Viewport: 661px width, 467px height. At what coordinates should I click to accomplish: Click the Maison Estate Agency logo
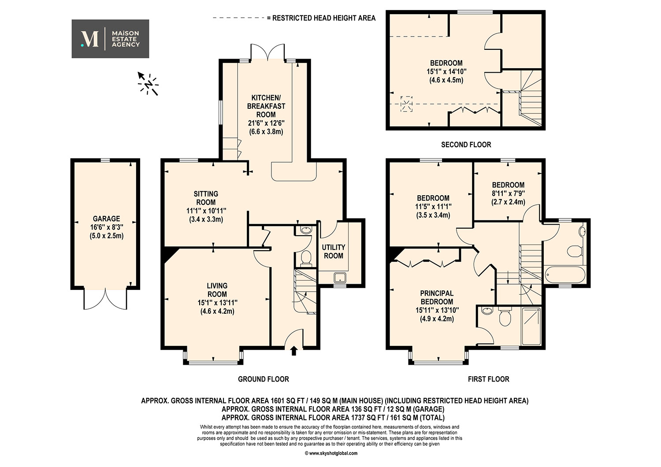pos(110,39)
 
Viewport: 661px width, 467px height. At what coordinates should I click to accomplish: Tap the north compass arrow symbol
pos(148,84)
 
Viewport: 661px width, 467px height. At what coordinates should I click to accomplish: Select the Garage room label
pos(107,219)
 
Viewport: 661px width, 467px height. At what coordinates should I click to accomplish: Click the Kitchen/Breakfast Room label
pos(266,106)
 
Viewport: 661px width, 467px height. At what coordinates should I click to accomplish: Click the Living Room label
pos(217,290)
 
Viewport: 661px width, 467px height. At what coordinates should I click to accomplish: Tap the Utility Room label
pos(334,252)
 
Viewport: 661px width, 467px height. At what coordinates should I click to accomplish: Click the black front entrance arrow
pos(293,351)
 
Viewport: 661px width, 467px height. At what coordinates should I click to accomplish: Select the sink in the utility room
pos(340,278)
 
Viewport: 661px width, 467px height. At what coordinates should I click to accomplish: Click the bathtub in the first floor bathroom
pos(565,274)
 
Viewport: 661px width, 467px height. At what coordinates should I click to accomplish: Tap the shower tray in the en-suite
pos(531,326)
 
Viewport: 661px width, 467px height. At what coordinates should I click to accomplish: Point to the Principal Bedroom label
pos(437,297)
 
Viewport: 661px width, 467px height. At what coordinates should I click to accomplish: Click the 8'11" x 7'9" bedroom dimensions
pos(508,193)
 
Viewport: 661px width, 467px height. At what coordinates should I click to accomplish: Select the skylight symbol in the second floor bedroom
pos(406,104)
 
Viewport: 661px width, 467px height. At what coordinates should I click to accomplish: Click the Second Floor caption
pos(466,145)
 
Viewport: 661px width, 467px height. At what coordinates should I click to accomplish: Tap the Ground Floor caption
pos(264,379)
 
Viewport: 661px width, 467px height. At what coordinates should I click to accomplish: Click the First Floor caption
pos(488,379)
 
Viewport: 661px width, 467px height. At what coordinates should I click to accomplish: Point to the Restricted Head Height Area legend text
pos(324,18)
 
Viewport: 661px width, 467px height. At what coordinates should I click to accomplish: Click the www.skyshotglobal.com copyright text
pos(331,453)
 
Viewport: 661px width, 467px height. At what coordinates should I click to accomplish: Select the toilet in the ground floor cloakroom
pos(305,256)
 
